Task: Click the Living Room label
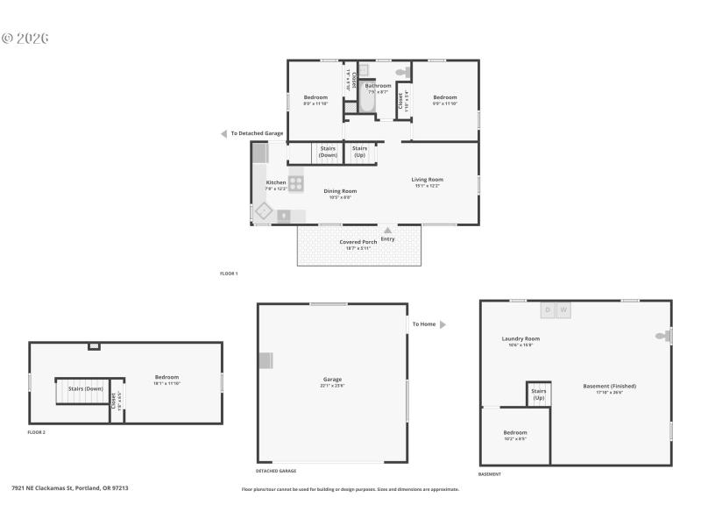coord(428,180)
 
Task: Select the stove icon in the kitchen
coord(296,183)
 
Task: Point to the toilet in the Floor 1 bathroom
coord(402,73)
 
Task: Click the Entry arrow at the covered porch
coord(387,231)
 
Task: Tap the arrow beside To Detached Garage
coord(223,133)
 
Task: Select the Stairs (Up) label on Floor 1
coord(359,152)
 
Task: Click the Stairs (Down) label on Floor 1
coord(328,152)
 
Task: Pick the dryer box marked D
coord(548,309)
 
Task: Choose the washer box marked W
coord(563,309)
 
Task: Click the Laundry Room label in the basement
coord(520,338)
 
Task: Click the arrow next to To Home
coord(443,324)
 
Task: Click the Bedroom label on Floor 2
coord(166,377)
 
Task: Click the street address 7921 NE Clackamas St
coord(69,487)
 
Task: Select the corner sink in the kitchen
coord(262,211)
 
